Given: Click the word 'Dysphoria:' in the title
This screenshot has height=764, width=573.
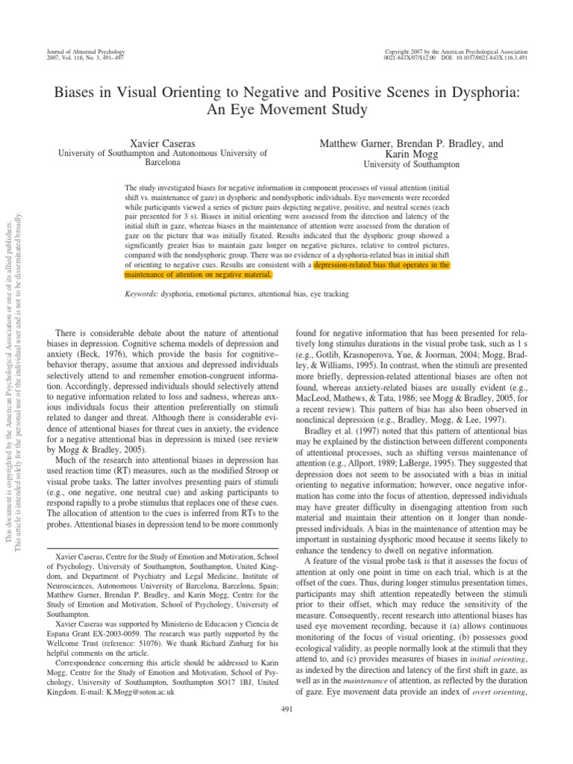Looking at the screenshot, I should [484, 93].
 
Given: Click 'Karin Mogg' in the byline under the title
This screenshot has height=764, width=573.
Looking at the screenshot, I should [408, 153].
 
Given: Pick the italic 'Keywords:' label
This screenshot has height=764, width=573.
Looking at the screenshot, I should [142, 295].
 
